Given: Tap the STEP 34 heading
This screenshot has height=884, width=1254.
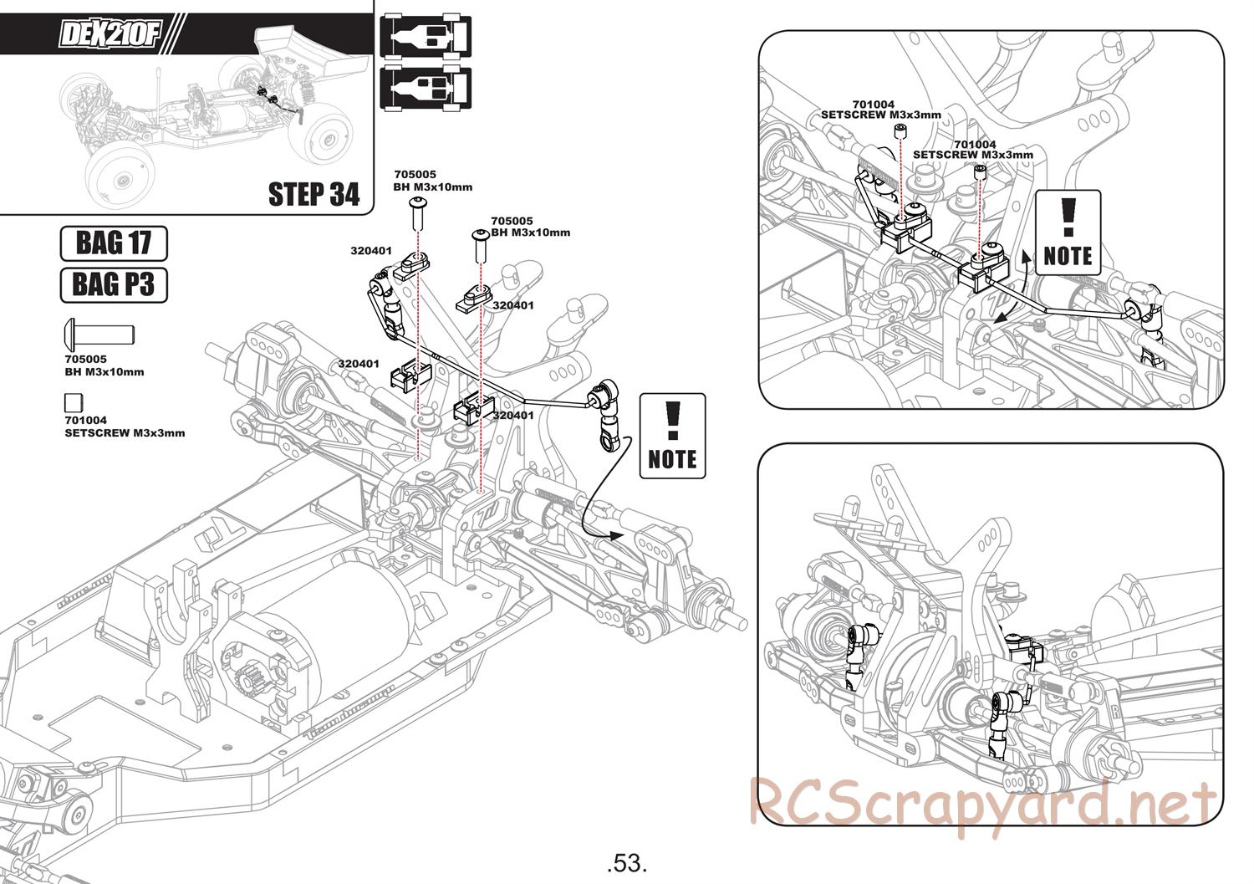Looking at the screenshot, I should pyautogui.click(x=313, y=194).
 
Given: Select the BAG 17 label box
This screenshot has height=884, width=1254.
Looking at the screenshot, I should pyautogui.click(x=114, y=243).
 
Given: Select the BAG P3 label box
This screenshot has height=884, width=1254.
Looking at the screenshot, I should pyautogui.click(x=114, y=284).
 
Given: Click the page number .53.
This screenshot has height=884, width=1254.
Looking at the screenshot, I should pyautogui.click(x=627, y=861).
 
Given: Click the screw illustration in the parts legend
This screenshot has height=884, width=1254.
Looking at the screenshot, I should pyautogui.click(x=99, y=335).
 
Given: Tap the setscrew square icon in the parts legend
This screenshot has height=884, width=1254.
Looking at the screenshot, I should pyautogui.click(x=74, y=402).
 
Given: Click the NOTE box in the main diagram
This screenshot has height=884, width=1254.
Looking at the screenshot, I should pyautogui.click(x=672, y=436).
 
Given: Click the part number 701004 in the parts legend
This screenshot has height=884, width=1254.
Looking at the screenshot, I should pyautogui.click(x=85, y=421).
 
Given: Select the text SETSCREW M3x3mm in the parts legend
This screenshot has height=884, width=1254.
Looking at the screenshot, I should pyautogui.click(x=125, y=433).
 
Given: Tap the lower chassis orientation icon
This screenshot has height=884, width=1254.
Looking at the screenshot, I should pyautogui.click(x=426, y=88).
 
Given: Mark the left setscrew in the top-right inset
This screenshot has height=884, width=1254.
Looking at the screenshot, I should pyautogui.click(x=900, y=130).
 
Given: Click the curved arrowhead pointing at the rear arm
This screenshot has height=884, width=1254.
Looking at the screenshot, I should pyautogui.click(x=616, y=535).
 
